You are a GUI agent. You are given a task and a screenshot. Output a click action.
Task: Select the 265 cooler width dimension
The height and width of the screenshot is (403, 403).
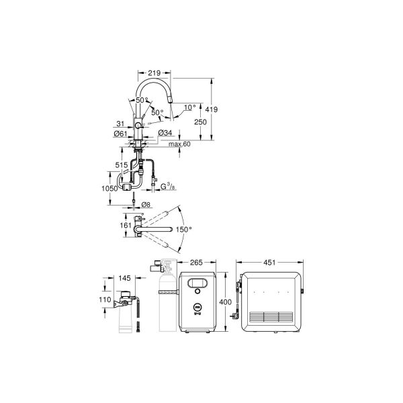tap(197, 263)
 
